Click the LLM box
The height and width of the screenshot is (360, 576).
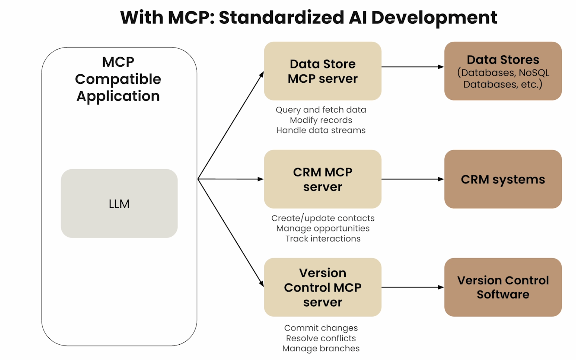(x=119, y=203)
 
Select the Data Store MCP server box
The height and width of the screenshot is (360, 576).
(x=322, y=71)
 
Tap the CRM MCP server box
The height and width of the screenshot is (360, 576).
(x=322, y=179)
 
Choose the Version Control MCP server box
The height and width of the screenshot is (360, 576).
(x=322, y=287)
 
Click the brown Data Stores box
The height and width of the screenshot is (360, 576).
(x=503, y=71)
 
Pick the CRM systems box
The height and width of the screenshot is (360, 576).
(x=503, y=179)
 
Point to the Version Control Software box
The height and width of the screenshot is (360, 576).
(x=503, y=287)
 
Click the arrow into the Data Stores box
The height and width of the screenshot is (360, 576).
(x=413, y=67)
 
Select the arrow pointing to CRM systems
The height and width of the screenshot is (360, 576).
(x=413, y=179)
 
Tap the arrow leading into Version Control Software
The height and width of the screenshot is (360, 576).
(x=413, y=287)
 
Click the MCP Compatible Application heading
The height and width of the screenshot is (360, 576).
(x=118, y=79)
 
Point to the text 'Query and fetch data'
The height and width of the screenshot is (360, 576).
(x=321, y=110)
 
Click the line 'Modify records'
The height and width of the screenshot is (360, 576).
(x=321, y=120)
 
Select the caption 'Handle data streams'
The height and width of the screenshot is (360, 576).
(x=321, y=130)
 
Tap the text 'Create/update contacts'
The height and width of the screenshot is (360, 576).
(x=323, y=218)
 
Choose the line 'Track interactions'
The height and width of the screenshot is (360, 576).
(x=323, y=239)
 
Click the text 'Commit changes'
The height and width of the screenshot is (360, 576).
(x=321, y=328)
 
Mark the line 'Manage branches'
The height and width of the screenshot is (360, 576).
(x=321, y=349)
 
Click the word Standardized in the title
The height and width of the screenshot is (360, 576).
(x=281, y=17)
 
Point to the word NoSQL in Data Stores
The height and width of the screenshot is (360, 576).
(x=534, y=73)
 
